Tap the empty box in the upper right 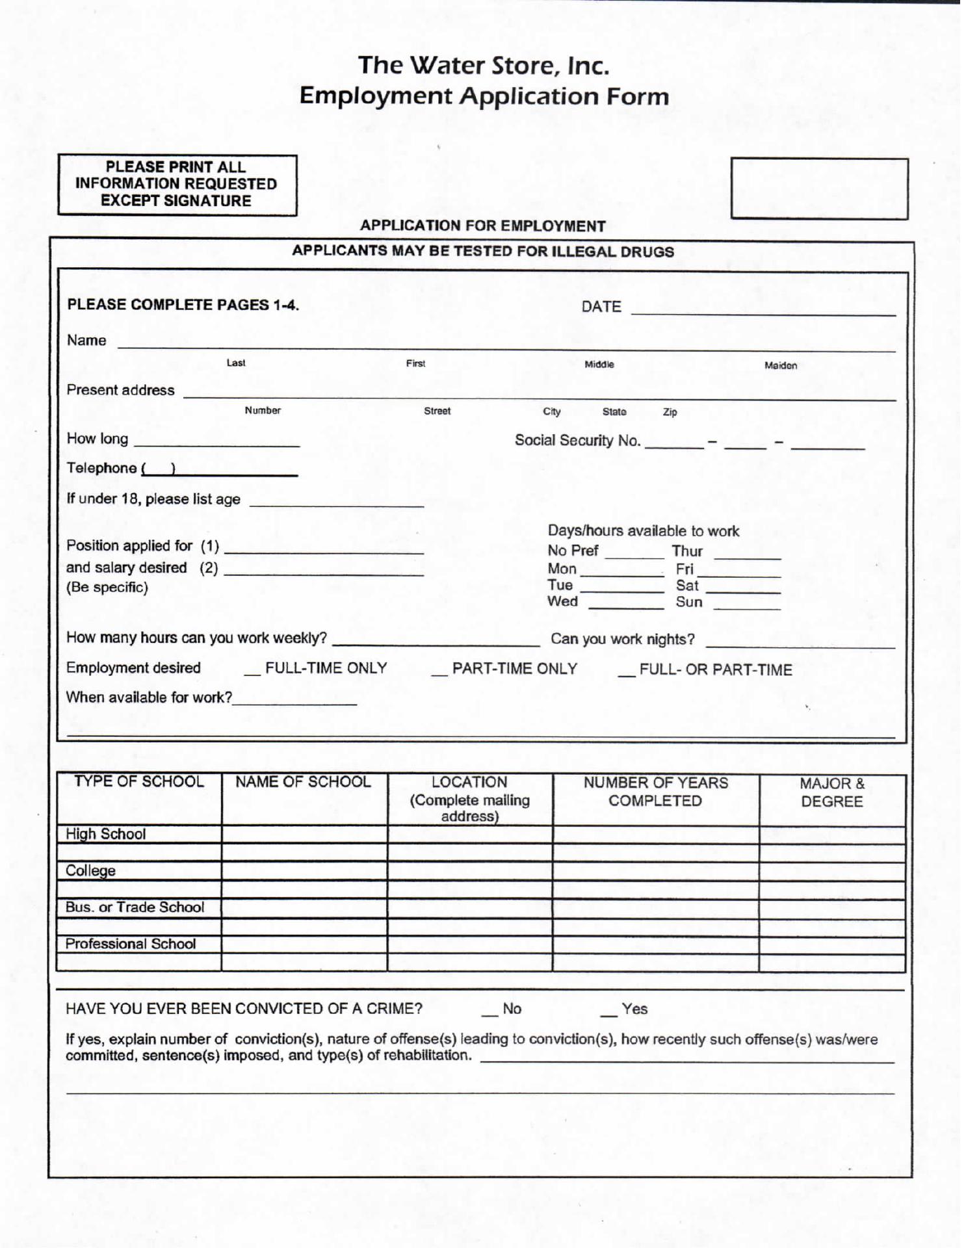[819, 188]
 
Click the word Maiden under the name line [780, 365]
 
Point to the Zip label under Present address [670, 412]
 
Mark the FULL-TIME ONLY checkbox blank [252, 672]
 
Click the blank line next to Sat [743, 590]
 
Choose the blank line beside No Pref [634, 556]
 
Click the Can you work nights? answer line [800, 645]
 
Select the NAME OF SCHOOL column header [303, 782]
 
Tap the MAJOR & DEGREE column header [831, 792]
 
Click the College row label [90, 871]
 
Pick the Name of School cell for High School [304, 835]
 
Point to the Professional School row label [130, 944]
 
